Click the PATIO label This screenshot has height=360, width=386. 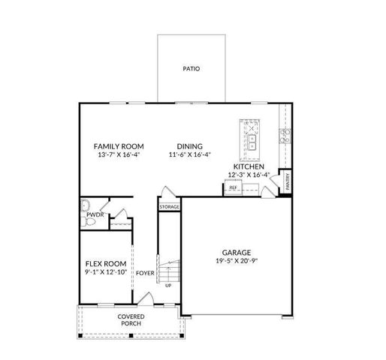tap(191, 69)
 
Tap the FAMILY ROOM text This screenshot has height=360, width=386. tap(119, 146)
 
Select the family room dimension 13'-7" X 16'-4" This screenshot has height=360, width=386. tap(119, 155)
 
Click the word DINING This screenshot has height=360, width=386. tap(190, 146)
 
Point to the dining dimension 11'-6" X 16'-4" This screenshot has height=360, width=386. tap(190, 155)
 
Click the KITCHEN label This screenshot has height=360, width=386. tap(249, 166)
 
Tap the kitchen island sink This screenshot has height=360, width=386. tap(253, 139)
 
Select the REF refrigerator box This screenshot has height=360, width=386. tap(234, 187)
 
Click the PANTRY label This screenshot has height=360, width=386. tap(288, 183)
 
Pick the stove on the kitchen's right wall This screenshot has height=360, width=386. tap(285, 136)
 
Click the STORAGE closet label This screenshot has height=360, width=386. tap(169, 206)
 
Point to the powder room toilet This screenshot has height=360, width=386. tap(86, 205)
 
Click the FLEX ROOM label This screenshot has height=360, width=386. tap(104, 264)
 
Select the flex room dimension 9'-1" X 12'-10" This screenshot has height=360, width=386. tap(104, 273)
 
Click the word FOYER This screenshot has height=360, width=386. tap(146, 273)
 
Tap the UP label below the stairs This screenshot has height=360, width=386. tap(168, 286)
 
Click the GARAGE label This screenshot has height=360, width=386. tap(236, 253)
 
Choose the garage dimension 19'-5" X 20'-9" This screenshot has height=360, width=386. tap(236, 262)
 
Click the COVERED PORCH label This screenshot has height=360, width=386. tap(131, 320)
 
